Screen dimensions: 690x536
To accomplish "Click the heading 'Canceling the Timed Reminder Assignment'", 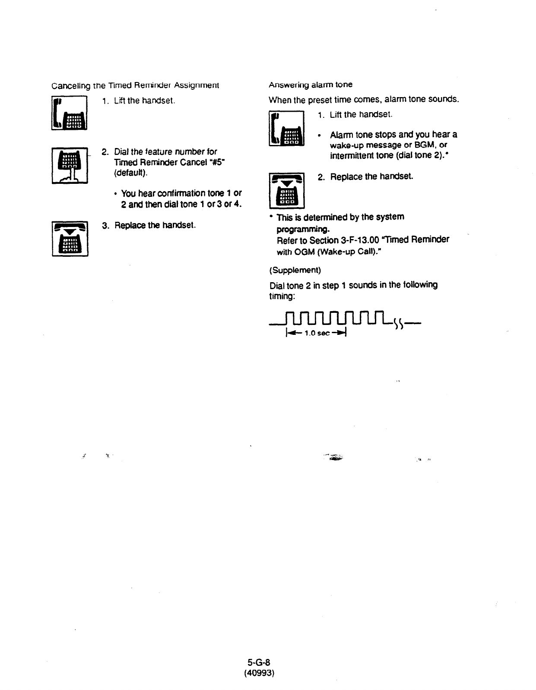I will pos(135,85).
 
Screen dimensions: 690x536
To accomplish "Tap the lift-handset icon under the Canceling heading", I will pos(70,113).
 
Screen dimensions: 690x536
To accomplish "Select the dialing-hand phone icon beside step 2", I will pos(70,165).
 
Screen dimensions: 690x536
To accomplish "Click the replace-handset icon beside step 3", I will pos(70,239).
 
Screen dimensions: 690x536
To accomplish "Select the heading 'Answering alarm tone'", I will pos(310,85).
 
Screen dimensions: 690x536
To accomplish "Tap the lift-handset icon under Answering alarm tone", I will pos(286,129).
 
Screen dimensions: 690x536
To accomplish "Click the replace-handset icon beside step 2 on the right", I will pos(286,190).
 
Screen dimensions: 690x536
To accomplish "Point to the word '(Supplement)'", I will pos(295,270).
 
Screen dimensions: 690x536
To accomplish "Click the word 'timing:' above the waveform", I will pos(282,296).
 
